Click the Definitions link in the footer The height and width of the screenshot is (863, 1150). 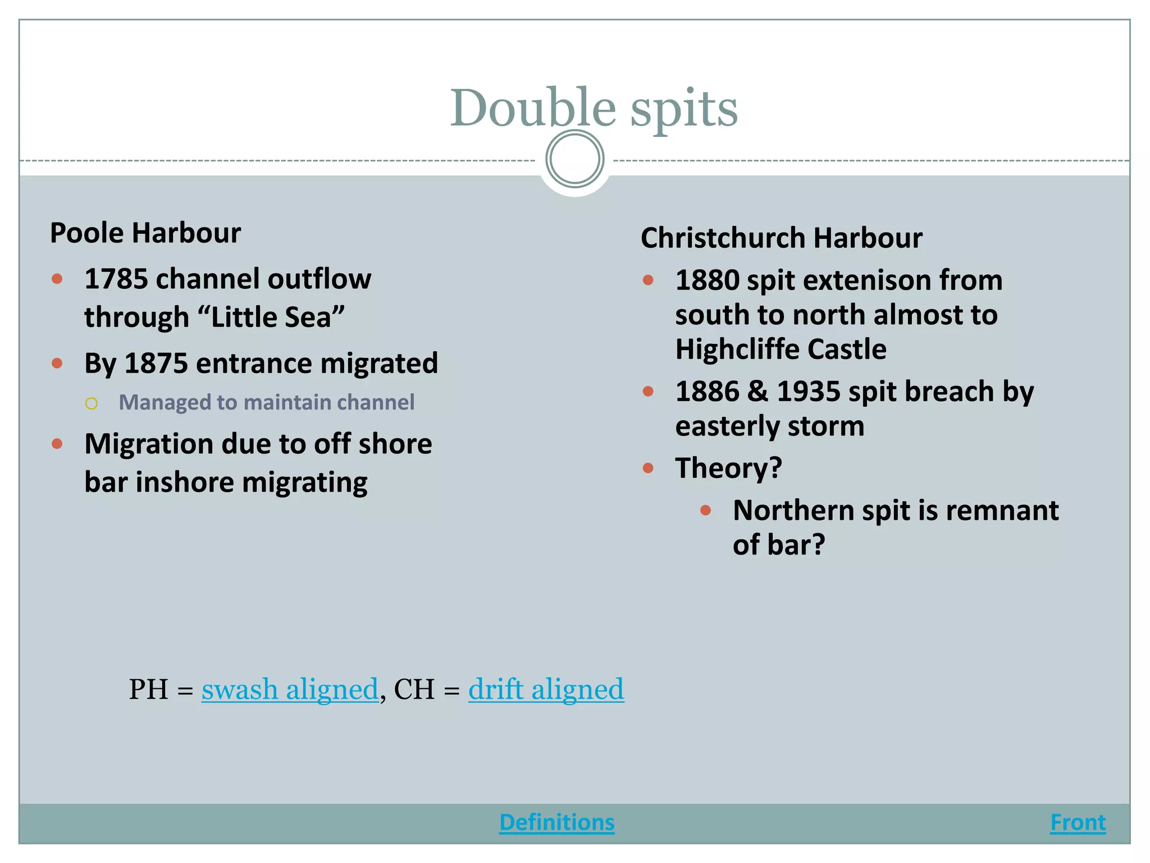(x=556, y=822)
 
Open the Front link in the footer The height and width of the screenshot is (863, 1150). (x=1078, y=822)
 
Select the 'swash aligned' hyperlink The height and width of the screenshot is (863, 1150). (x=290, y=689)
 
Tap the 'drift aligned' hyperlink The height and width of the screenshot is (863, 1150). (x=546, y=689)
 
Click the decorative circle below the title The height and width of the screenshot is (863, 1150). (x=574, y=159)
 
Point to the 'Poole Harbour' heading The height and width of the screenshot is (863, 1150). (x=145, y=233)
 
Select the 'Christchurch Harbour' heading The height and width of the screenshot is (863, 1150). (x=781, y=238)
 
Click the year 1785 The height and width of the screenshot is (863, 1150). (x=116, y=279)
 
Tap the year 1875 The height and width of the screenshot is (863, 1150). (x=156, y=363)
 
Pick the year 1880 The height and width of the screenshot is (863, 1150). (x=707, y=280)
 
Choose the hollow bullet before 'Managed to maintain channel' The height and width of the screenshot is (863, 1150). (x=92, y=403)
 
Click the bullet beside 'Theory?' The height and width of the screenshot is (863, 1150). (x=648, y=468)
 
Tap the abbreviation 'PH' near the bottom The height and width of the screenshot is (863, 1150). (x=148, y=689)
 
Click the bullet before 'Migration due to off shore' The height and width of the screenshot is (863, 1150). (x=57, y=444)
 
